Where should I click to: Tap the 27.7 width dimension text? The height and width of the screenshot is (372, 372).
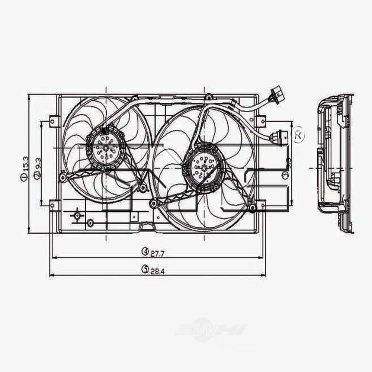pos(158,254)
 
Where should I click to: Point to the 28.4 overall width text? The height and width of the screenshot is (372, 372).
pos(158,271)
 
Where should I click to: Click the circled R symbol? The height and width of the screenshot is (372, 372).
pos(298,135)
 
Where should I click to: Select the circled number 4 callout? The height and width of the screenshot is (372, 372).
pos(145,252)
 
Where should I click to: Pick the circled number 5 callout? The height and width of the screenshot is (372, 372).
pos(145,269)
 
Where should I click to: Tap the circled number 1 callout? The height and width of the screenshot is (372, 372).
pos(24,178)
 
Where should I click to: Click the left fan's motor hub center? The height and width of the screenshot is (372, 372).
pos(106,148)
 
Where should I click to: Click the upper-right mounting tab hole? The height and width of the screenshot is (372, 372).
pos(260,121)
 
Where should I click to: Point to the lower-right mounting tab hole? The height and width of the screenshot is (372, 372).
pos(260,205)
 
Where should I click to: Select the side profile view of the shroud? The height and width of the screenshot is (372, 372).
pos(335,164)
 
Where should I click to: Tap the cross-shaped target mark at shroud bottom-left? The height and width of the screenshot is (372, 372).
pos(77,215)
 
